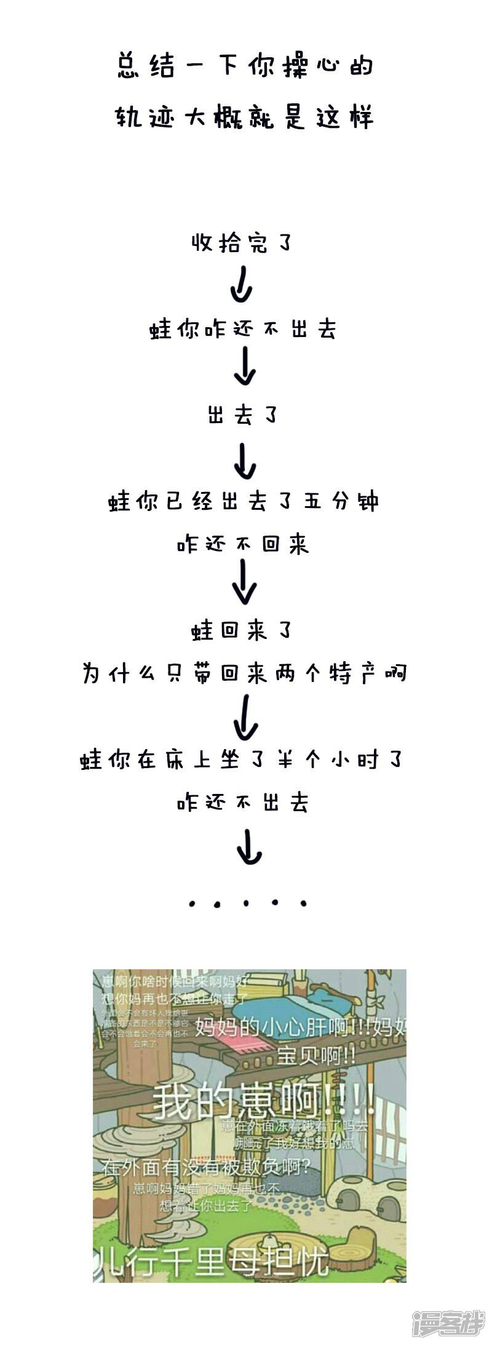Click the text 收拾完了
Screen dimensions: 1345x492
[242, 243]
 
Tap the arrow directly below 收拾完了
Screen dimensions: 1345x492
[241, 284]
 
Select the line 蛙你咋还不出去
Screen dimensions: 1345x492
[244, 330]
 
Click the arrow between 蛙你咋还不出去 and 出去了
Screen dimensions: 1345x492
[245, 367]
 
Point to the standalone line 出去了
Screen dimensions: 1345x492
[242, 416]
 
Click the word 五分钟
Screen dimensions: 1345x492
[341, 501]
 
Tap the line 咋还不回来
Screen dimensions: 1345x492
[244, 544]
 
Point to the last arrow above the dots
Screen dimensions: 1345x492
[248, 847]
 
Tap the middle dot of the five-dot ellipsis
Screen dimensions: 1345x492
[247, 904]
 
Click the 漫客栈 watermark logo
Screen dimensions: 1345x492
[448, 1322]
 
